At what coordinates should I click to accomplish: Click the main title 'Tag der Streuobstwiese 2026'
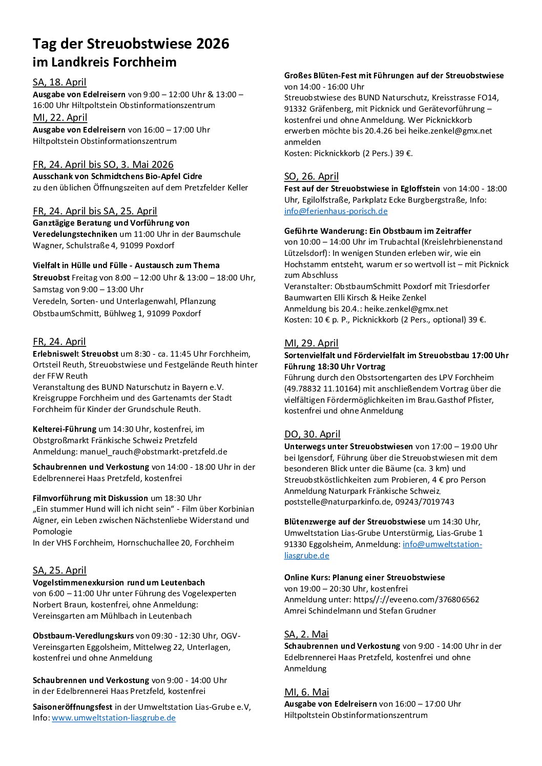(131, 45)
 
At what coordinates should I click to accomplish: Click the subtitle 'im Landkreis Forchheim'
(105, 62)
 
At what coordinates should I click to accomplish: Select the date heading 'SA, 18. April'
(59, 82)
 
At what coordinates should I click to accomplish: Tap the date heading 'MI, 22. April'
(60, 118)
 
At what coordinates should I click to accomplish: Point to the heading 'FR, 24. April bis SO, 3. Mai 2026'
(103, 165)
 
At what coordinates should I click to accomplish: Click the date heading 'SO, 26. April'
(311, 177)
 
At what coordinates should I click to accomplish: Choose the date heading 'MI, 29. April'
(311, 343)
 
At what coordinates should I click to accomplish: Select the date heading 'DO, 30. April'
(312, 434)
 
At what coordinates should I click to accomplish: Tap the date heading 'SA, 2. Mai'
(306, 634)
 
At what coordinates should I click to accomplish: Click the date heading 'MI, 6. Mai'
(306, 692)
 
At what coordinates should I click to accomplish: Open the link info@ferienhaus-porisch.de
(336, 211)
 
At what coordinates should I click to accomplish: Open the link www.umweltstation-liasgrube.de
(114, 718)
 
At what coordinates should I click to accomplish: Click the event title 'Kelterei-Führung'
(65, 429)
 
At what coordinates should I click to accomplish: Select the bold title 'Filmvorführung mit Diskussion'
(90, 498)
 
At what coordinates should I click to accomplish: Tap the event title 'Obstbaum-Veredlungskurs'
(83, 636)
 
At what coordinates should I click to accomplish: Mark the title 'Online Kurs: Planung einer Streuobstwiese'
(364, 578)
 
